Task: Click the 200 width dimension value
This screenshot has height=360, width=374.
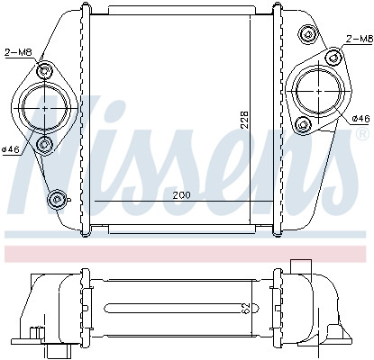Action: click(x=181, y=195)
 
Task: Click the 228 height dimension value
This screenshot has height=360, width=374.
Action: click(x=245, y=120)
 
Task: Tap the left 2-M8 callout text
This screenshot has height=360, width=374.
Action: click(x=18, y=53)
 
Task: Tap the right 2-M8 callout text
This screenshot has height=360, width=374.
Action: click(x=360, y=39)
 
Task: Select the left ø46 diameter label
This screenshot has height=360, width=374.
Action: click(x=11, y=149)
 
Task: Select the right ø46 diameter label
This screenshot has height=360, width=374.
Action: click(x=360, y=119)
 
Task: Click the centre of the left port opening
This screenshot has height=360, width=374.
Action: click(x=45, y=108)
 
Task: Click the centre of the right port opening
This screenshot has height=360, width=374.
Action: click(x=319, y=91)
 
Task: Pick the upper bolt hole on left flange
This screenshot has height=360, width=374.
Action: click(x=45, y=71)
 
